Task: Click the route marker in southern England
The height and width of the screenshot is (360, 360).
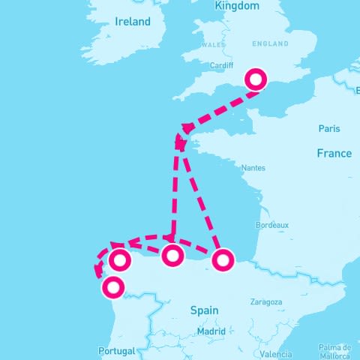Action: pos(256,79)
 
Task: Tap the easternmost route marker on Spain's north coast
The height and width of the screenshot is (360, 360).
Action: pos(222,260)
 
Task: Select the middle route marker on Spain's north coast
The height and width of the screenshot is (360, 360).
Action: pos(172,256)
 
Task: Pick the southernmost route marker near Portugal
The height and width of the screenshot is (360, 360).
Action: pos(112,286)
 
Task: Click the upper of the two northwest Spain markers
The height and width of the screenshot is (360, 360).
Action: pos(120,260)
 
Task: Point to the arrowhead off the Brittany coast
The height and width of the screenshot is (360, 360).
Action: pos(181,141)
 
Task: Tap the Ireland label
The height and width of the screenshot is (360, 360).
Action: pos(133,22)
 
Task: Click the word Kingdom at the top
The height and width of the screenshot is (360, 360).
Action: pos(236,6)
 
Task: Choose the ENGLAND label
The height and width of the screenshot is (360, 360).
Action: pos(271,44)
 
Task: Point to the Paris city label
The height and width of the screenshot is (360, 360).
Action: pos(328,128)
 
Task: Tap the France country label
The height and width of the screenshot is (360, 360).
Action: pos(334,153)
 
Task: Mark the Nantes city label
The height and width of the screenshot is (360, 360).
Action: pos(253,169)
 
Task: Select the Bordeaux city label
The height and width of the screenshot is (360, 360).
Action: pos(272,224)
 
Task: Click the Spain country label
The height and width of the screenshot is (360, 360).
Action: pos(204,310)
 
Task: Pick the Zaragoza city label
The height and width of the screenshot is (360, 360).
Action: pos(265,302)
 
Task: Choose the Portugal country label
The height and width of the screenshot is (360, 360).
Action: pos(116,350)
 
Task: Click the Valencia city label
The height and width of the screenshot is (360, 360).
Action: pos(277,353)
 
